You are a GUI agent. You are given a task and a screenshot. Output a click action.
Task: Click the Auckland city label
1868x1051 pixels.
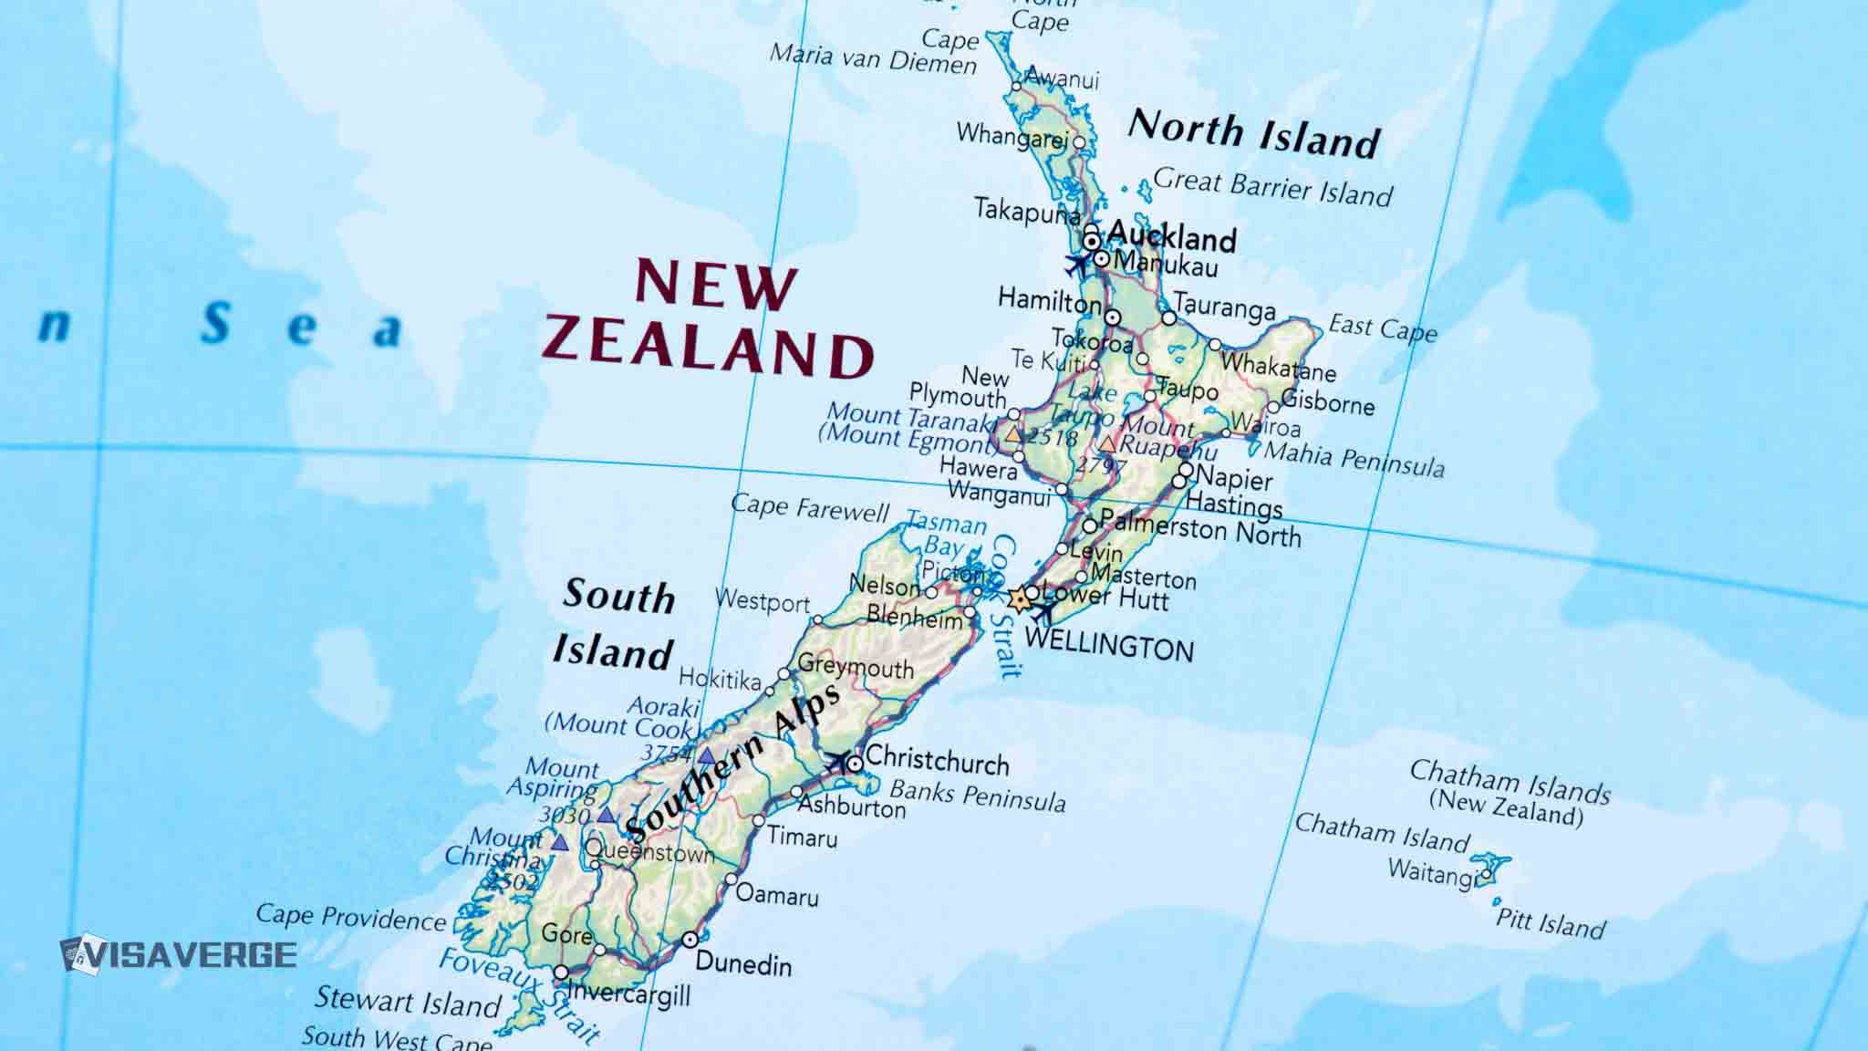(x=1170, y=237)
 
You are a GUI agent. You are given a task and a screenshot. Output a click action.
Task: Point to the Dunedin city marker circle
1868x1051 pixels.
(x=690, y=940)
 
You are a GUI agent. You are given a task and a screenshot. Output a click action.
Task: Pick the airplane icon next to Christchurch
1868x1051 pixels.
(x=836, y=762)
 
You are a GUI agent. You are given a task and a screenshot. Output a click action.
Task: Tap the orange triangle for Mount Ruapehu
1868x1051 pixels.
(x=1106, y=444)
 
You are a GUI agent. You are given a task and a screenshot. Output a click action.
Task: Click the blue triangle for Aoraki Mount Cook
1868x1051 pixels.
(x=707, y=756)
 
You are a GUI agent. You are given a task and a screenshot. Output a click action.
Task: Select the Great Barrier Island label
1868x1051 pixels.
(x=1272, y=187)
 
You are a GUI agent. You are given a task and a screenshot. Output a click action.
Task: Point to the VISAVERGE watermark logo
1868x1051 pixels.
(x=178, y=954)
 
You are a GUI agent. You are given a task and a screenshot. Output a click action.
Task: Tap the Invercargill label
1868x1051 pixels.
(x=628, y=994)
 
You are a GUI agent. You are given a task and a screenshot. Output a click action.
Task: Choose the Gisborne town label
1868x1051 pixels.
(x=1327, y=401)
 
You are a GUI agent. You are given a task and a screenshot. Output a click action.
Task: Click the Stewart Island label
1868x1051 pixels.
(x=408, y=1002)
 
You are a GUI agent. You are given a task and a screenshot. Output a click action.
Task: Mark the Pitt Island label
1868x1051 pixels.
(x=1550, y=923)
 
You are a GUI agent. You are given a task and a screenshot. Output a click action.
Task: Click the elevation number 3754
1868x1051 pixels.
(x=667, y=753)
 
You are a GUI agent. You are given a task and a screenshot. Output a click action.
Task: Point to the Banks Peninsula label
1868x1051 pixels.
(x=977, y=796)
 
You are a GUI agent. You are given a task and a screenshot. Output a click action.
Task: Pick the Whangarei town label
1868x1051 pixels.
(x=1012, y=135)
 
